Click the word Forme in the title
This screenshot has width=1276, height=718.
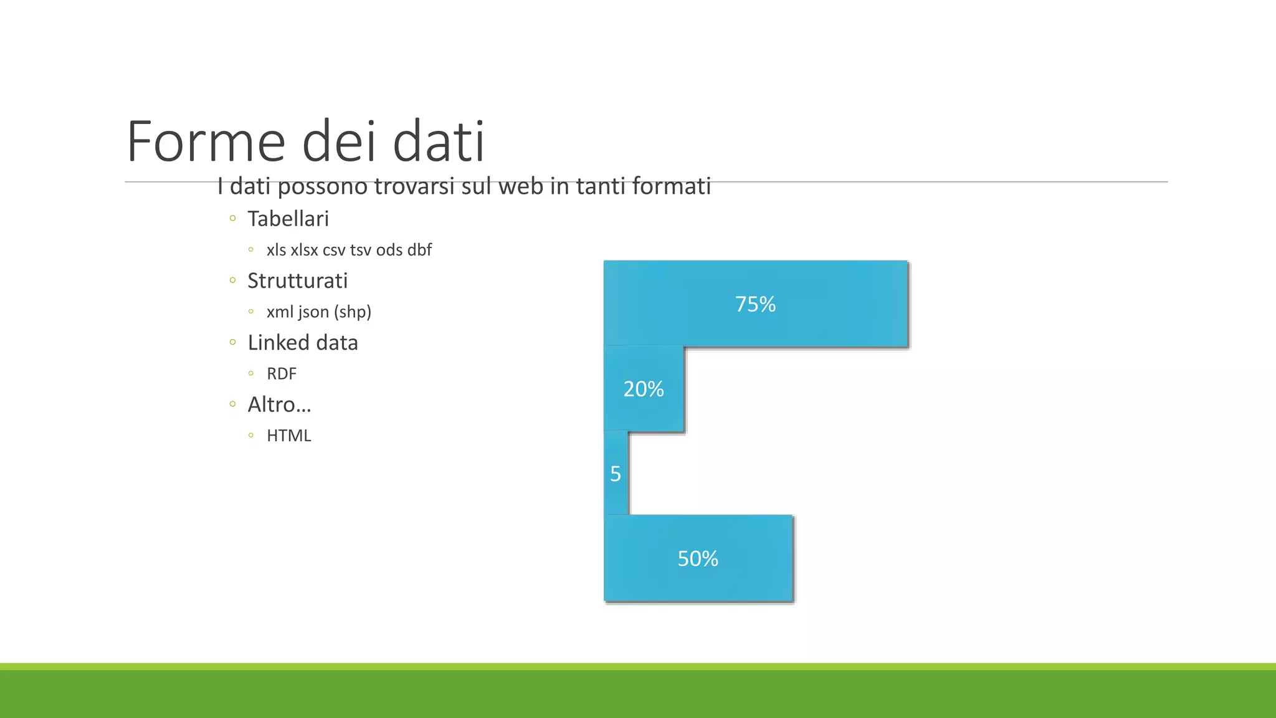click(x=206, y=142)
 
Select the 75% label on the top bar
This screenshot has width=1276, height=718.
click(x=755, y=304)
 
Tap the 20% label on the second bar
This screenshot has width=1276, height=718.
click(x=644, y=389)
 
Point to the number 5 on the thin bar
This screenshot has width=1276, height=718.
click(x=616, y=474)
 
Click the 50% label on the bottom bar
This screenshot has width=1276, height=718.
click(x=698, y=558)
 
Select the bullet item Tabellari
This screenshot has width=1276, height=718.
click(x=288, y=219)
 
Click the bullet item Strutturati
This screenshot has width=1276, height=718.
click(x=297, y=280)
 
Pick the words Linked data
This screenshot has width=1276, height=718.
click(x=303, y=343)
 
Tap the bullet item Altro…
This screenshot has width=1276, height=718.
click(x=279, y=404)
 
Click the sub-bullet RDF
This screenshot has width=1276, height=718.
click(x=282, y=374)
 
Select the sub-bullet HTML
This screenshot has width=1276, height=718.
click(x=288, y=436)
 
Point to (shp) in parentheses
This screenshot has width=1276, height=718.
click(x=353, y=312)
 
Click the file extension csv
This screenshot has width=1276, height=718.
click(x=334, y=251)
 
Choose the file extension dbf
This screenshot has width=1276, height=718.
click(x=419, y=250)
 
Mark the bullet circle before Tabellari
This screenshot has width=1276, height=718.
click(x=232, y=218)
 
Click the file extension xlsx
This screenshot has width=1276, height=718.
click(x=304, y=250)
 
